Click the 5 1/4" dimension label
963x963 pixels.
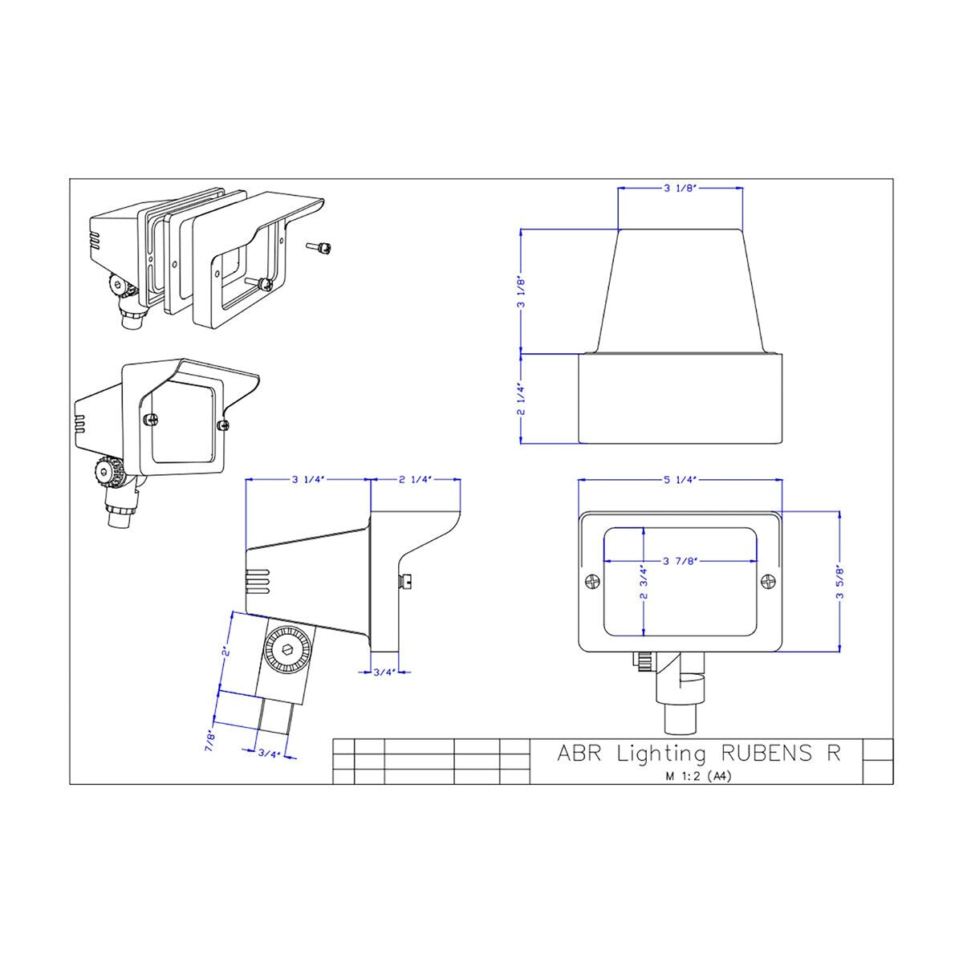pos(681,480)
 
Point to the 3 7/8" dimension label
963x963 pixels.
pos(681,561)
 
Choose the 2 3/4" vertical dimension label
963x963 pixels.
pos(644,582)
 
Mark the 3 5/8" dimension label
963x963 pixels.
pos(839,582)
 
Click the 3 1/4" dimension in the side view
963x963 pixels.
pos(308,480)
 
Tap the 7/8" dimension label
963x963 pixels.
pos(211,742)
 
